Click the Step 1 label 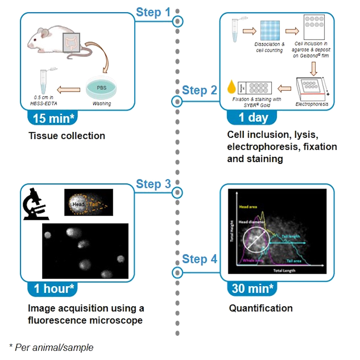coord(153,12)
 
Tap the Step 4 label coord(200,259)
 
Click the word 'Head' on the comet coord(78,204)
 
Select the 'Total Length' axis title coord(284,270)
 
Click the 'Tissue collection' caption coord(67,136)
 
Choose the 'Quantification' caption coord(261,308)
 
